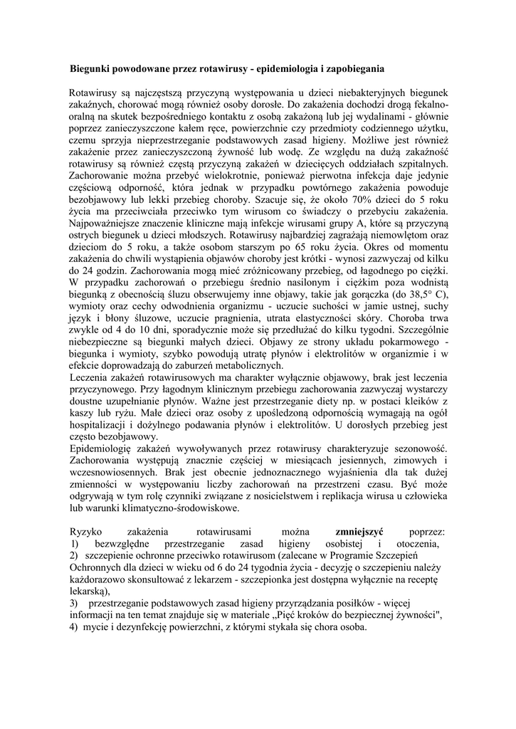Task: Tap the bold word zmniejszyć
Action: (359, 532)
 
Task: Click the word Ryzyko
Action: (85, 532)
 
